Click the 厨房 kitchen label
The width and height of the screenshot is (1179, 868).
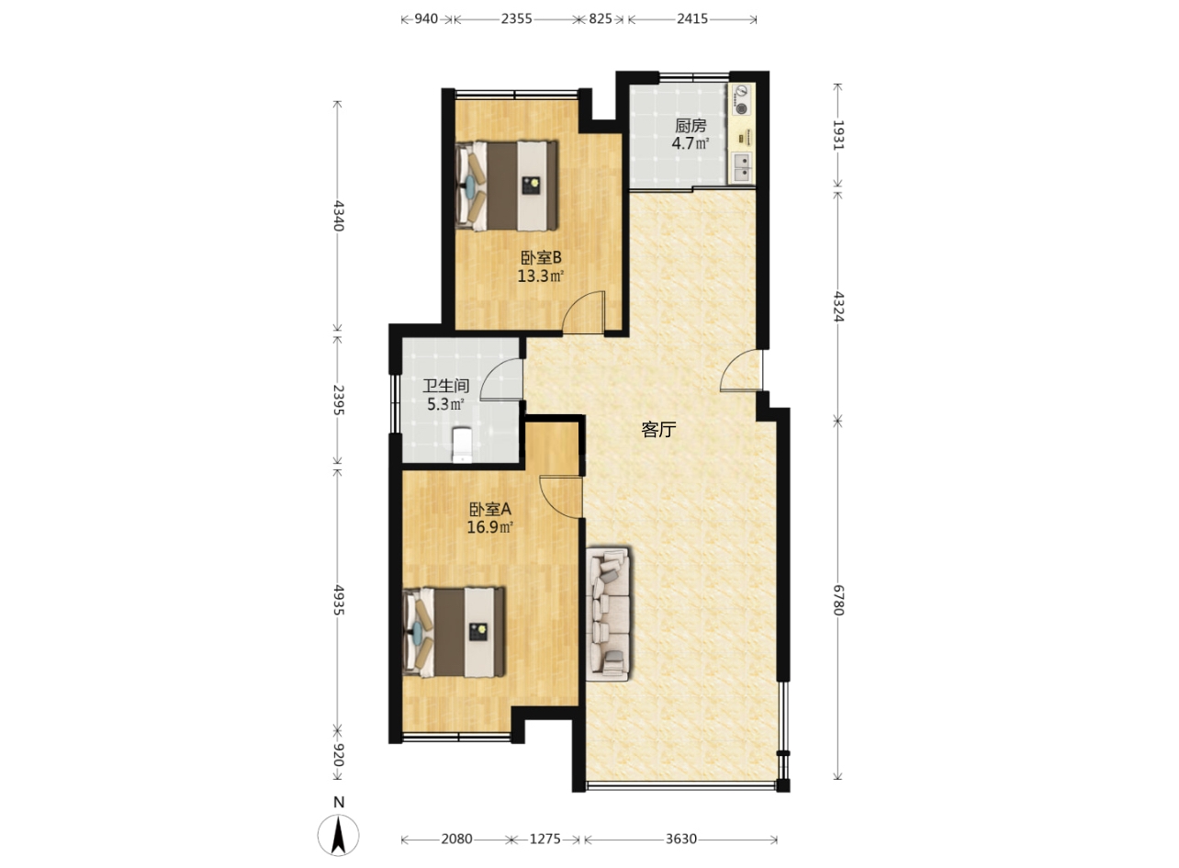pos(690,126)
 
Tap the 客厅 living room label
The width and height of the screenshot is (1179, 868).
pos(658,430)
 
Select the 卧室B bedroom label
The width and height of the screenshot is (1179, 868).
pos(541,258)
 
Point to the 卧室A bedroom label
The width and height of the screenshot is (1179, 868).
pos(490,509)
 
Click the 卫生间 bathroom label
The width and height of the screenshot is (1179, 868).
pos(446,386)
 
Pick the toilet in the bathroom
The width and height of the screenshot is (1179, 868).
pos(462,445)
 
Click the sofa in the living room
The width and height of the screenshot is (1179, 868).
pos(608,614)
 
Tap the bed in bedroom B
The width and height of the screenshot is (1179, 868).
pos(506,186)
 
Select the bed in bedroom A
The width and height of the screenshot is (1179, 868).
pos(454,632)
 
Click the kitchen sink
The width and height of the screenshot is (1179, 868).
pos(741,168)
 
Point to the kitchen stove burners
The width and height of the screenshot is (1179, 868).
pos(741,100)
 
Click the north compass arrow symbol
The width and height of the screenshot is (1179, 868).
pos(339,834)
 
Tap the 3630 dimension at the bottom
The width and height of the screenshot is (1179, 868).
pos(681,839)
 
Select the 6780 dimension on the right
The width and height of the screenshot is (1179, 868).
pos(838,600)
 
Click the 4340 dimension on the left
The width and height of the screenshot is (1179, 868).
pos(338,215)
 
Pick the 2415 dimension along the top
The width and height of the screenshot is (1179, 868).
pos(692,19)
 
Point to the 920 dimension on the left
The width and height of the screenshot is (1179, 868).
pos(338,755)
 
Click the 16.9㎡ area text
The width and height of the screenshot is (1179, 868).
pos(490,527)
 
